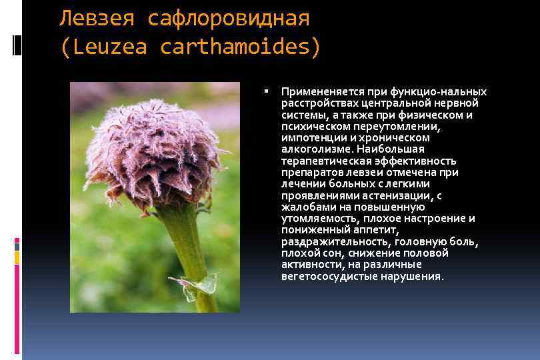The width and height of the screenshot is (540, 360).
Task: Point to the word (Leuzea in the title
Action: click(x=104, y=48)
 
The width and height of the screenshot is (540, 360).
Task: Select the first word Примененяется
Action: click(x=316, y=91)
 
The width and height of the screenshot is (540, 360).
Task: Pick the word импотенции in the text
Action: click(x=310, y=137)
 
